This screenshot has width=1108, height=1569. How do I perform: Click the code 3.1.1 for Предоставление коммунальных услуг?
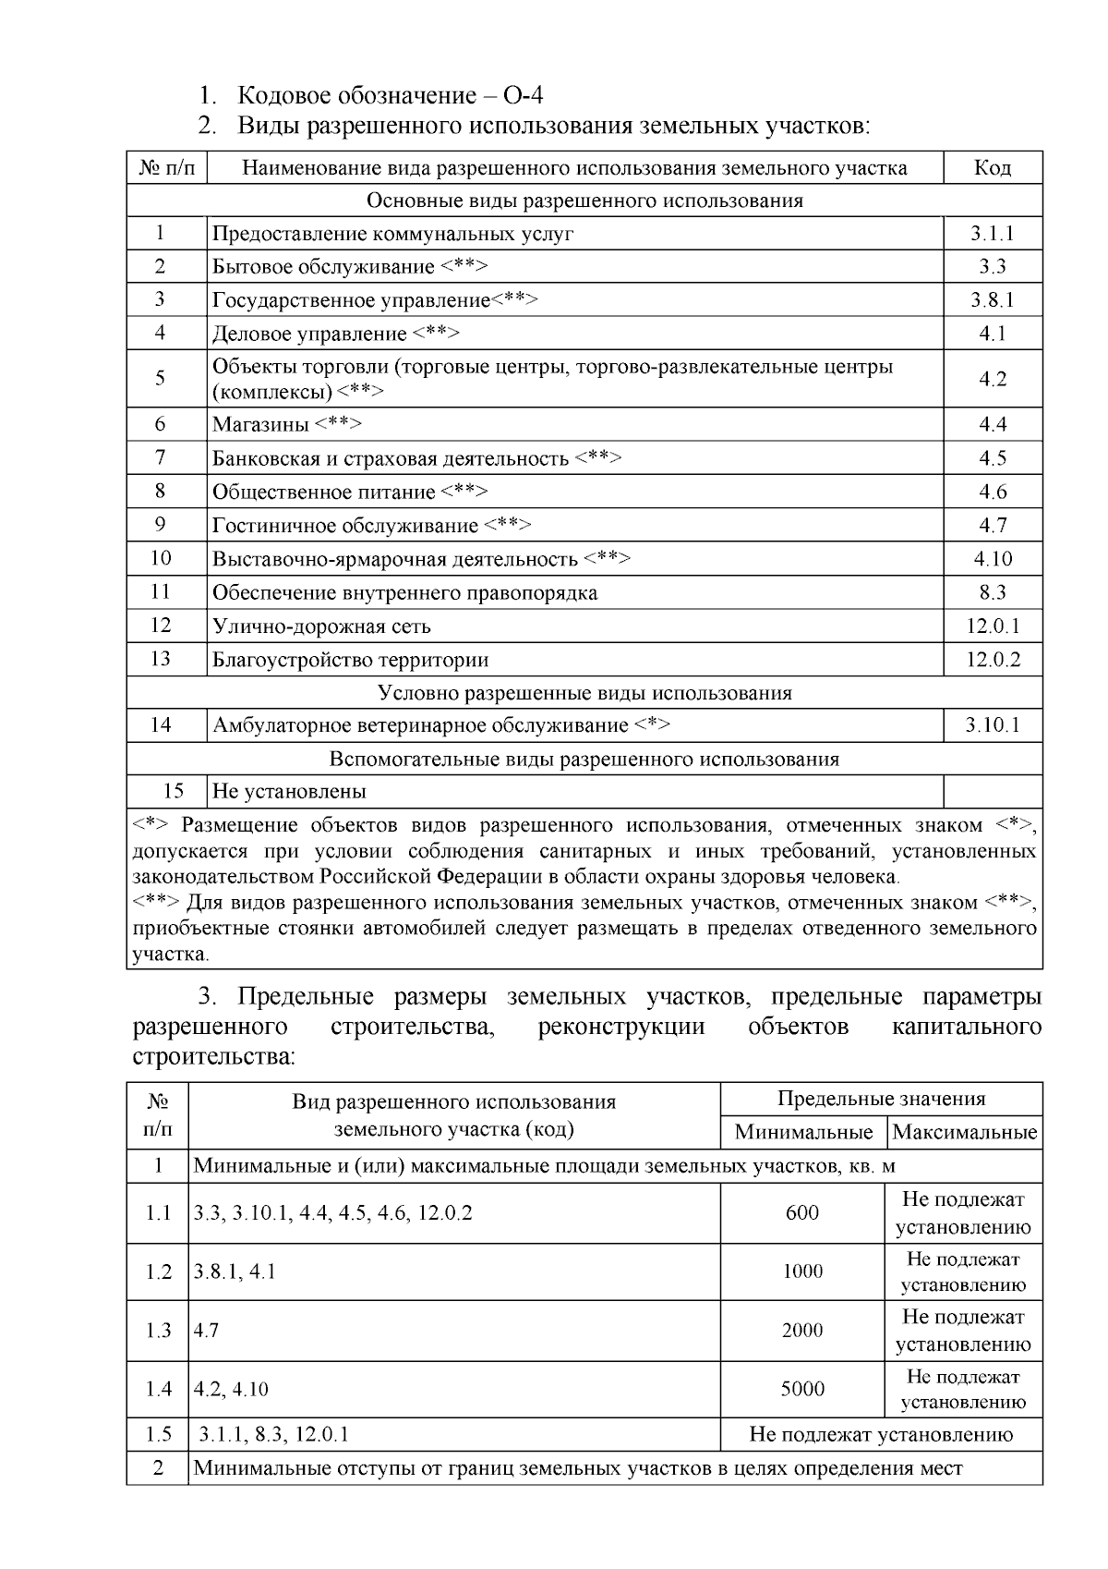click(x=993, y=234)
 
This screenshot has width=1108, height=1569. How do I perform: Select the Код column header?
click(x=993, y=168)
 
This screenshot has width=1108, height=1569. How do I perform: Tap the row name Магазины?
click(x=261, y=425)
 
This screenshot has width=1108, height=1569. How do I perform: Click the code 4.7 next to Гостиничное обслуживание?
click(x=993, y=526)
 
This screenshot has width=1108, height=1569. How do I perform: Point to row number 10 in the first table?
click(x=161, y=558)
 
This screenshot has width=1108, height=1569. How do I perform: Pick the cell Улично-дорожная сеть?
click(x=321, y=626)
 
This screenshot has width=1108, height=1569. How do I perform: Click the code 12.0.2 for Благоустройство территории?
click(x=993, y=660)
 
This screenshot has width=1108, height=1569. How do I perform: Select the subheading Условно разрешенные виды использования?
click(x=584, y=693)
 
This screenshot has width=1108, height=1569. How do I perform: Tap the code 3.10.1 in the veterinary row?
click(x=993, y=725)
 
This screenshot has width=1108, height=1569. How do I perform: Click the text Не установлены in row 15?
click(x=289, y=792)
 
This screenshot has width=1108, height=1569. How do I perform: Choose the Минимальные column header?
click(x=803, y=1132)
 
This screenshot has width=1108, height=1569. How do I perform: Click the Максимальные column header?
click(x=965, y=1132)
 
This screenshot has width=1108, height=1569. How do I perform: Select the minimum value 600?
click(x=802, y=1213)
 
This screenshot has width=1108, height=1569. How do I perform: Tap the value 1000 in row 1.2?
click(x=802, y=1271)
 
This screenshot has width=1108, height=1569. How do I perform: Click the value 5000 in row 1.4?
click(x=802, y=1389)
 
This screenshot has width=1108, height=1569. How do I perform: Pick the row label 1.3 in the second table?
click(x=159, y=1331)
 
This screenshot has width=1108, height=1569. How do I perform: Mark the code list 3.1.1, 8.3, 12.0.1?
click(x=274, y=1435)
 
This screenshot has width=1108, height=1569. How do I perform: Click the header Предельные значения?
click(x=881, y=1099)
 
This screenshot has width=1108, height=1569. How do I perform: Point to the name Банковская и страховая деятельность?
click(x=390, y=458)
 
